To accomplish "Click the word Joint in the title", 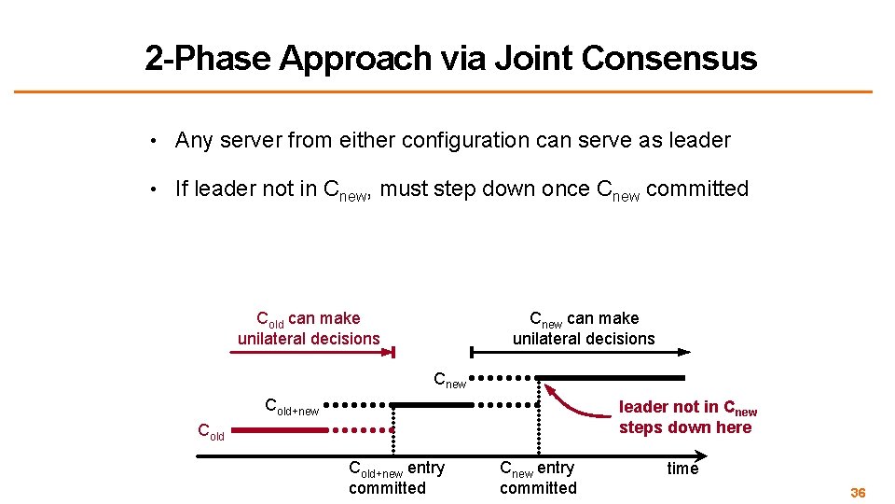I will point(530,59).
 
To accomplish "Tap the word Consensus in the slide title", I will point(668,59).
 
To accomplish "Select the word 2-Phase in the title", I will point(207,59).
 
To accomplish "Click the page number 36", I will point(858,492).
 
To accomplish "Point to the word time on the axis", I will point(682,469).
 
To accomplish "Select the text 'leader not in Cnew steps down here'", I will point(687,417).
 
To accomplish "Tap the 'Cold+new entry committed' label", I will point(395,477).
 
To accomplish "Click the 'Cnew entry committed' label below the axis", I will point(538,477).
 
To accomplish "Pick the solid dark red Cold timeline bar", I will point(279,431).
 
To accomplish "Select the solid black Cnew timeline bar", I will point(610,378).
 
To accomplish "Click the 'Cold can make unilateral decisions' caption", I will point(309,329).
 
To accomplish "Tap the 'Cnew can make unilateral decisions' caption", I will point(584,329).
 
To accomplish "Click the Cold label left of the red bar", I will point(211,431).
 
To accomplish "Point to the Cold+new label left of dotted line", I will point(292,407).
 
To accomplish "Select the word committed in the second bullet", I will point(697,189).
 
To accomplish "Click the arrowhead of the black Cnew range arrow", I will point(684,352).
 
